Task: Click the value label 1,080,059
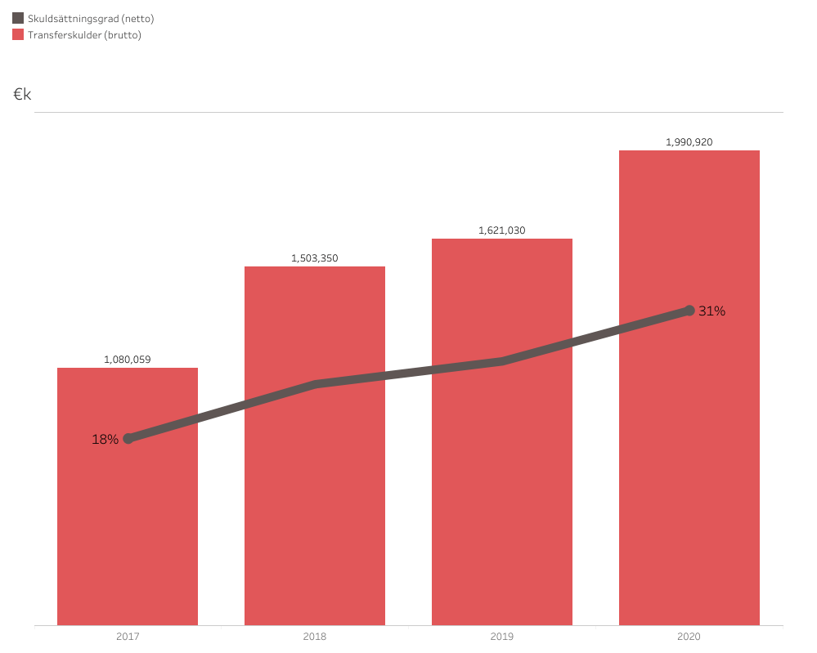pyautogui.click(x=128, y=359)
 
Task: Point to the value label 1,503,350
pyautogui.click(x=315, y=258)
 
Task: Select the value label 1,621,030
pyautogui.click(x=502, y=230)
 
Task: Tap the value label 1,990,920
pyautogui.click(x=689, y=142)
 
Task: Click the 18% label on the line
pyautogui.click(x=105, y=440)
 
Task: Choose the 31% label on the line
pyautogui.click(x=712, y=311)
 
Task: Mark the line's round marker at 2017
pyautogui.click(x=128, y=439)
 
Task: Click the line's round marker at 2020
pyautogui.click(x=689, y=311)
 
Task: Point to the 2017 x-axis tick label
pyautogui.click(x=128, y=636)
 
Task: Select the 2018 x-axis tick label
pyautogui.click(x=315, y=636)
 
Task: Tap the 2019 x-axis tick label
pyautogui.click(x=502, y=636)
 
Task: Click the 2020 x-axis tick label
pyautogui.click(x=689, y=636)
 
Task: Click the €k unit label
pyautogui.click(x=22, y=95)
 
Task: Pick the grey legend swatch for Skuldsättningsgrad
pyautogui.click(x=18, y=18)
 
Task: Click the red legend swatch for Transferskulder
pyautogui.click(x=18, y=34)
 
